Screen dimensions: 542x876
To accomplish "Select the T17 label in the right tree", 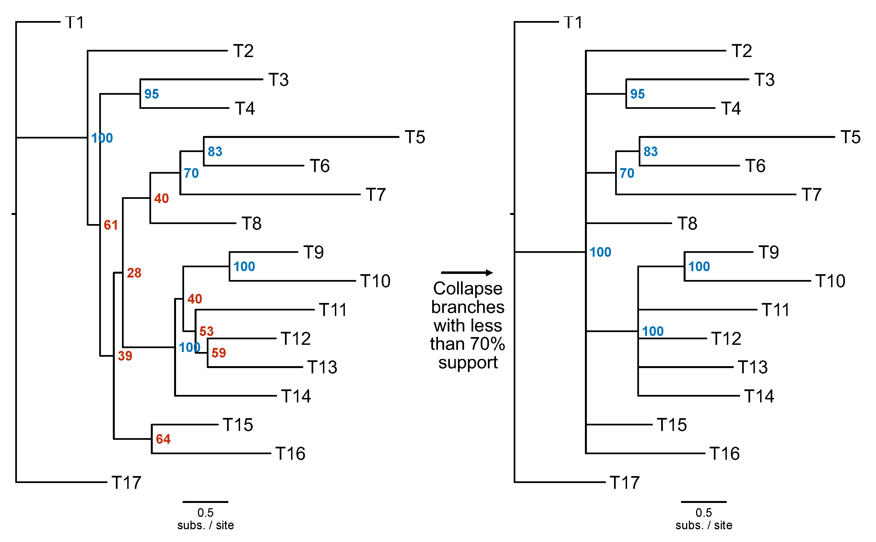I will click(625, 482).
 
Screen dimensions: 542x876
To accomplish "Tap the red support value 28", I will click(134, 273).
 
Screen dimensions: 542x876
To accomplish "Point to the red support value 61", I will click(111, 225).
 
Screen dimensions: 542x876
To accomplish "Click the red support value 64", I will click(163, 439).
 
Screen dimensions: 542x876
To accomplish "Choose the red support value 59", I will click(219, 353).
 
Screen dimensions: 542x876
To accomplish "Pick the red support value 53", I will click(207, 331).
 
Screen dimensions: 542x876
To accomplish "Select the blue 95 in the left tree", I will click(151, 94).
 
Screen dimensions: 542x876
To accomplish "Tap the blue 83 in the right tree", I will click(650, 151).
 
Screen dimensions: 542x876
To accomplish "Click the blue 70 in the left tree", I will click(191, 173).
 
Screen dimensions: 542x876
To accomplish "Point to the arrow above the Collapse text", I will click(467, 273).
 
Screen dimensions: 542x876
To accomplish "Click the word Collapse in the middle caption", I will click(467, 289).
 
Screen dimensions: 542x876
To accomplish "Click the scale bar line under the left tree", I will click(205, 502).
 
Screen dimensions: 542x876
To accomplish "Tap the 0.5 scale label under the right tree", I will click(704, 513).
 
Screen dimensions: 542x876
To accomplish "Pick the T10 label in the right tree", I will click(830, 281).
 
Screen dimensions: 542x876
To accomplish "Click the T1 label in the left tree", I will click(75, 23).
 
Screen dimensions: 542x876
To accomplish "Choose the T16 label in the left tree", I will click(290, 454).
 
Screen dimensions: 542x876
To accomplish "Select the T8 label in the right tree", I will click(687, 224).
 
